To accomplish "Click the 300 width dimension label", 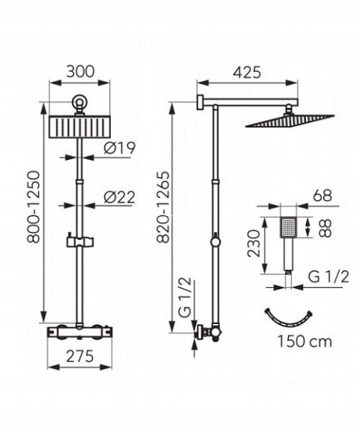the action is [80, 71].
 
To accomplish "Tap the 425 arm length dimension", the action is [247, 73].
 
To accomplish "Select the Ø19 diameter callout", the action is [120, 148].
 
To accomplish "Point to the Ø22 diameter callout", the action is [120, 197].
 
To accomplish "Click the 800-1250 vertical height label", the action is [34, 207].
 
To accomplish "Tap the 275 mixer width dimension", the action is [80, 356].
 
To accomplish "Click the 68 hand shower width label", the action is [322, 196].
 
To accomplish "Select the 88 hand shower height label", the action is [325, 228].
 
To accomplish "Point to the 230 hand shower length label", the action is [253, 244].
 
